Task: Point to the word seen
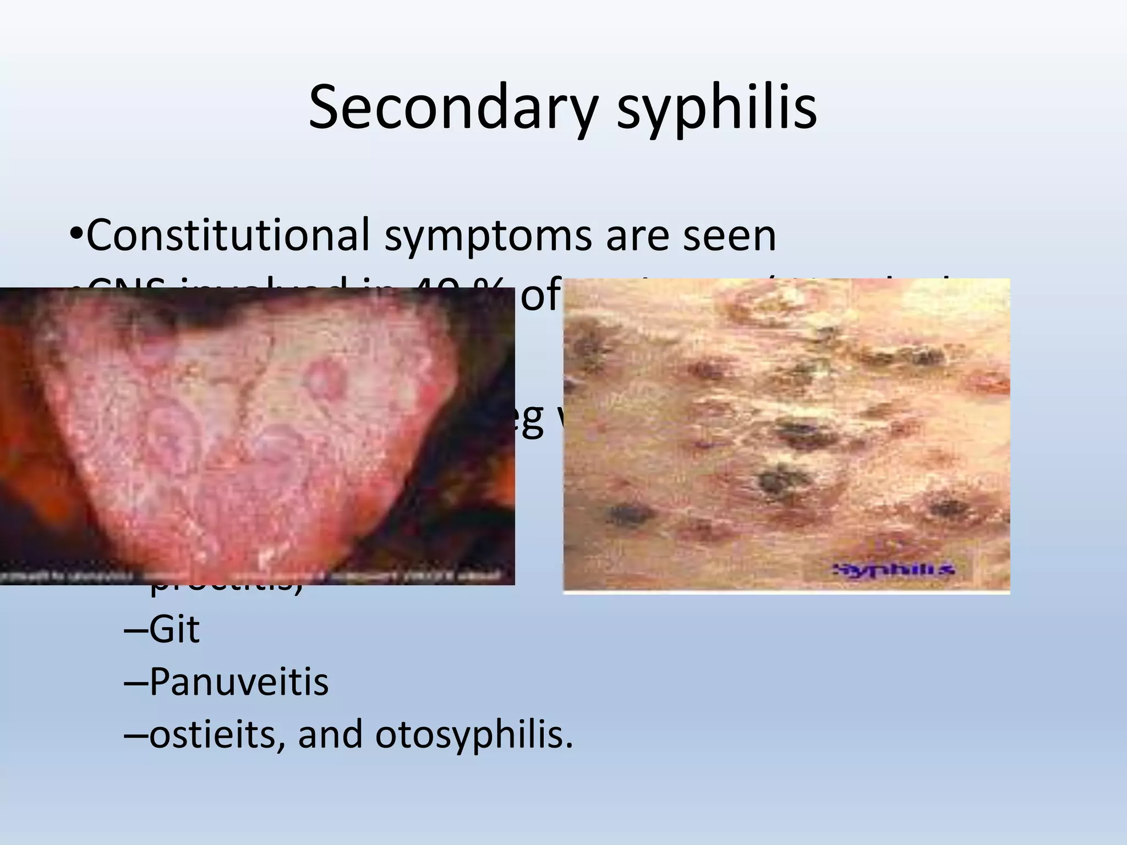pos(730,236)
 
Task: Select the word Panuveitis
pos(238,682)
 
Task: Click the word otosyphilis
pos(474,735)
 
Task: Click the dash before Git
pos(135,630)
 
